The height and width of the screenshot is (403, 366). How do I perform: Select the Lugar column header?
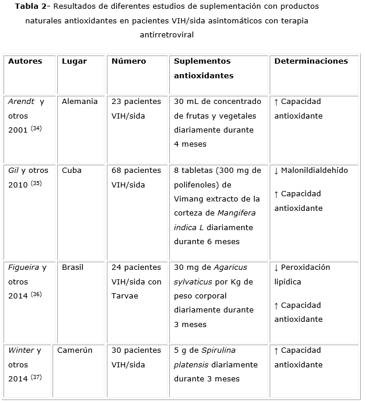coord(74,61)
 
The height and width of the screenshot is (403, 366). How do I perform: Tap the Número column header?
coord(128,61)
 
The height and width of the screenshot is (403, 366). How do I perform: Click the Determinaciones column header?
coord(311,61)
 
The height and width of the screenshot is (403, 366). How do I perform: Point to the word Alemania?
coord(79,102)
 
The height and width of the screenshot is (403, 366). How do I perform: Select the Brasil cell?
coord(73,267)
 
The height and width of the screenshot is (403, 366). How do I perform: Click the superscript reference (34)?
coord(36,128)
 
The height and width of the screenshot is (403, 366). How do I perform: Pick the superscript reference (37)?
coord(36,377)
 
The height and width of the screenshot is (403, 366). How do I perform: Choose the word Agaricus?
coord(230,267)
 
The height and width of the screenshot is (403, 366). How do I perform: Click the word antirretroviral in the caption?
coord(167,34)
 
